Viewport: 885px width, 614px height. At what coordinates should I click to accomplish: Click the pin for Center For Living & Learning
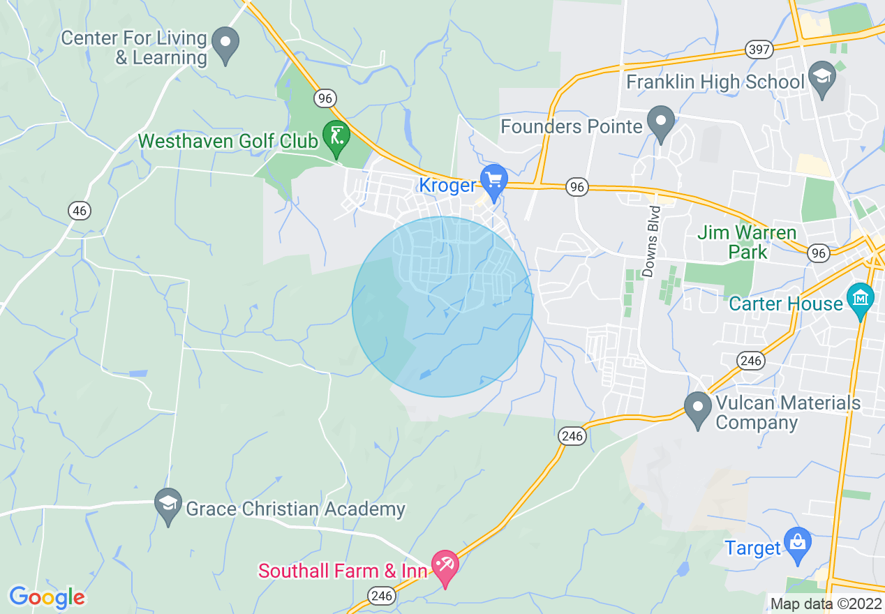tap(225, 44)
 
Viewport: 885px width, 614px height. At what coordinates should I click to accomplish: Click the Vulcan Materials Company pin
tap(697, 409)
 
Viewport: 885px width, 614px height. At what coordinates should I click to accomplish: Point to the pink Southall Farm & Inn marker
tap(445, 567)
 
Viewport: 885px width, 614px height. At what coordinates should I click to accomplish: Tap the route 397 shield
tap(759, 50)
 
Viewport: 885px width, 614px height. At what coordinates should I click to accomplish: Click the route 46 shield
tap(78, 210)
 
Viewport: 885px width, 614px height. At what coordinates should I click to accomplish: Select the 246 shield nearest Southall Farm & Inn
tap(382, 595)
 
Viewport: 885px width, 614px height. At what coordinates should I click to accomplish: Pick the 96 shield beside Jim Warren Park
tap(818, 253)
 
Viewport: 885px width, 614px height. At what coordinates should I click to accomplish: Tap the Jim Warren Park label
tap(747, 242)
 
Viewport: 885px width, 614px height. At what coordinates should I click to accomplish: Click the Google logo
tap(47, 597)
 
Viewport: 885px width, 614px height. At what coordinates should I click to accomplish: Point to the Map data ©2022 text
tap(825, 604)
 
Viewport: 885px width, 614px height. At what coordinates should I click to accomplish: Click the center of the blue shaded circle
tap(442, 307)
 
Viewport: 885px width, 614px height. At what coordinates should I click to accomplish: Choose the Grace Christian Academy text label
tap(295, 509)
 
